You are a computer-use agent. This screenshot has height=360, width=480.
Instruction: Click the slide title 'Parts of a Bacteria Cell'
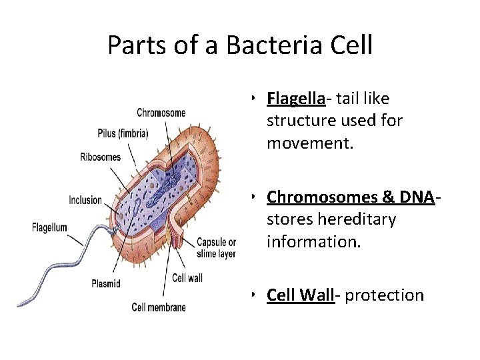point(239,46)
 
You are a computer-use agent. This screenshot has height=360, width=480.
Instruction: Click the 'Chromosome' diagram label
point(161,113)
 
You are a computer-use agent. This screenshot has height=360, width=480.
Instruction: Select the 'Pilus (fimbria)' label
point(122,133)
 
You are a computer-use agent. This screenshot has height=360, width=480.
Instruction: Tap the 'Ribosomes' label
point(100,157)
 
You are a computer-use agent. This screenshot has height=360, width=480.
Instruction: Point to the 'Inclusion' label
point(85,200)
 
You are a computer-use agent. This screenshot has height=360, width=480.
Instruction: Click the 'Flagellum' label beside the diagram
point(49,227)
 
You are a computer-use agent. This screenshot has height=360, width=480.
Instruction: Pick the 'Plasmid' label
point(105,283)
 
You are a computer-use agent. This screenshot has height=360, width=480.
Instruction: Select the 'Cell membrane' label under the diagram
point(159,307)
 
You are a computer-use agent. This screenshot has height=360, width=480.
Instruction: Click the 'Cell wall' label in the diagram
point(187,277)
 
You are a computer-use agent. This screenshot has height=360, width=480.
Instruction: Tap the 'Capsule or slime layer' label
point(216,248)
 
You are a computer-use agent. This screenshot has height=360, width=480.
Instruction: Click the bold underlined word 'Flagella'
point(295,99)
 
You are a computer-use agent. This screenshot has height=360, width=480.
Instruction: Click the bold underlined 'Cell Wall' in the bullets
point(300,295)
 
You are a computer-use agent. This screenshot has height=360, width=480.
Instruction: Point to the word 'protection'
point(384,295)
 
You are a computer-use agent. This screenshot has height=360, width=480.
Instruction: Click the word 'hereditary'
point(357,219)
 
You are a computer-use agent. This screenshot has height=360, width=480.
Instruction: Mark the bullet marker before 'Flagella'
point(255,99)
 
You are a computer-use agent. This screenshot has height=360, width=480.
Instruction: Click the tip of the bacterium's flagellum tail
point(21,305)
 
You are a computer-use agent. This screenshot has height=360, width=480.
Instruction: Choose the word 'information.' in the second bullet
point(313,241)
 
